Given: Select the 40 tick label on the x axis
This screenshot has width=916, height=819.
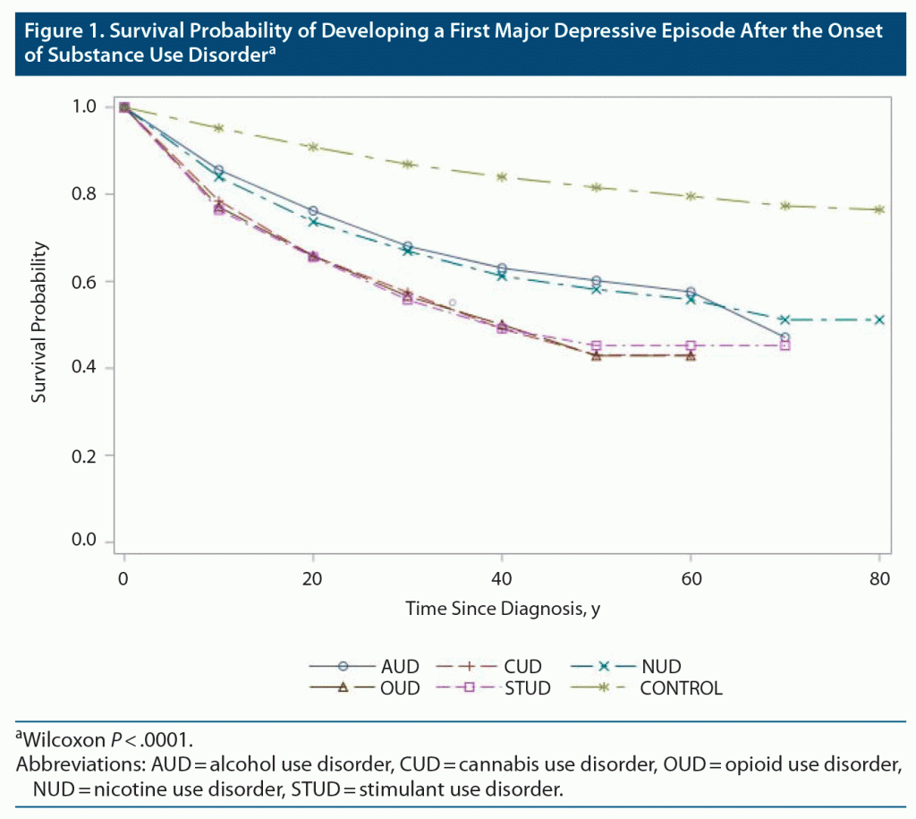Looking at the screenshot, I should pyautogui.click(x=501, y=577).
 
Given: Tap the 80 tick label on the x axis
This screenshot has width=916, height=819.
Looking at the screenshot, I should pyautogui.click(x=879, y=577).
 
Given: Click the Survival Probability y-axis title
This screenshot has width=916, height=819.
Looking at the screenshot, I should pyautogui.click(x=39, y=323).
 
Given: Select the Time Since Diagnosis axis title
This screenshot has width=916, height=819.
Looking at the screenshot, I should pyautogui.click(x=502, y=609).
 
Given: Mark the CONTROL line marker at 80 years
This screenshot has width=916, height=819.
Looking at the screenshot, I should pyautogui.click(x=879, y=209).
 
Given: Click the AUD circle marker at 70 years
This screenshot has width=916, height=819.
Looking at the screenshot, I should pyautogui.click(x=785, y=337).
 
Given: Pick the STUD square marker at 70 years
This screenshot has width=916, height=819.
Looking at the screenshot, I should pyautogui.click(x=785, y=346).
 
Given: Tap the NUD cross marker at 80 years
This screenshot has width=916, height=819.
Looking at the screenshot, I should pyautogui.click(x=879, y=320).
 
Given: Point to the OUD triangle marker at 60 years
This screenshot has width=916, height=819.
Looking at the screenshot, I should pyautogui.click(x=690, y=355).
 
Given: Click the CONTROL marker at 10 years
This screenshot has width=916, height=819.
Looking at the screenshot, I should pyautogui.click(x=218, y=128).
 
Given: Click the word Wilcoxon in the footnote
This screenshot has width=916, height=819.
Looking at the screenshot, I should pyautogui.click(x=59, y=739).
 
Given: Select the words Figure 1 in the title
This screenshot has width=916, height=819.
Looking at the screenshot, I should pyautogui.click(x=59, y=31).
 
